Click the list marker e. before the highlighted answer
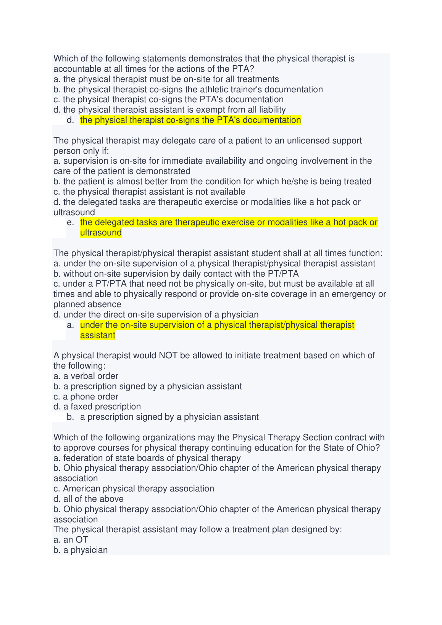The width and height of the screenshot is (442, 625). (x=70, y=222)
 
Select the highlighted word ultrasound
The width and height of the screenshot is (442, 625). (x=101, y=233)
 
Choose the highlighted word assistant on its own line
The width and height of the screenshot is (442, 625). (x=97, y=335)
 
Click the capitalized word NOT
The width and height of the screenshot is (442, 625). (x=168, y=356)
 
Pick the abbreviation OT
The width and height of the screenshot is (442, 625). (x=82, y=540)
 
